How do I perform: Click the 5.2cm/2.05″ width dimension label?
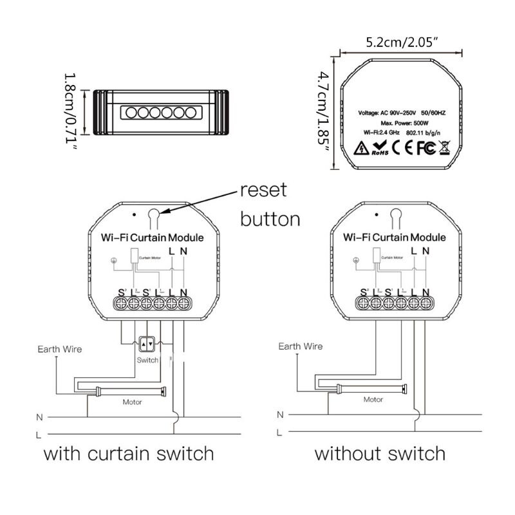[403, 43]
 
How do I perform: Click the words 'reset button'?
[270, 205]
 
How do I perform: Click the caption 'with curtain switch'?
[128, 453]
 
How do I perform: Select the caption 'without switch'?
[379, 453]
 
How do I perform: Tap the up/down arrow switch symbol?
[148, 344]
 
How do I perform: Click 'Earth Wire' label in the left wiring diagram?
[60, 350]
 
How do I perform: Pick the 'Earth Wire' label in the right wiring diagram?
[300, 346]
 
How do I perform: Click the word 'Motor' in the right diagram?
[373, 400]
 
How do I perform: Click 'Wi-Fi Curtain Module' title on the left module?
[153, 238]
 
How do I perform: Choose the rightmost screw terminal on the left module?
[183, 301]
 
